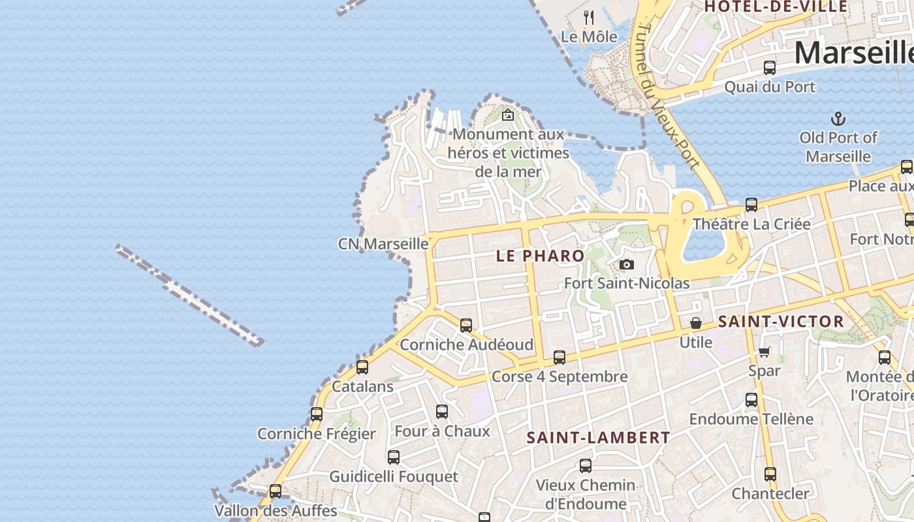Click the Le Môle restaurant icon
click(589, 17)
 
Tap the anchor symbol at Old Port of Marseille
click(838, 119)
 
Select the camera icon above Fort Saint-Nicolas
click(627, 264)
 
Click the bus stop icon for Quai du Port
click(770, 67)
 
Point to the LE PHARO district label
click(540, 256)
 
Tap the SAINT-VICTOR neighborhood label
click(781, 322)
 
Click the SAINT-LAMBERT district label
click(598, 438)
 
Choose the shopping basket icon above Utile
click(696, 323)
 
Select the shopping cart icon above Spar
click(764, 352)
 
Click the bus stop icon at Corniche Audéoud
click(466, 325)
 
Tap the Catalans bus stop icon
click(362, 367)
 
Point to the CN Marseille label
click(383, 244)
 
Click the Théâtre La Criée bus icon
click(751, 205)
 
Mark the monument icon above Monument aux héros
click(507, 115)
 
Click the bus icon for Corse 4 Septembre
click(559, 357)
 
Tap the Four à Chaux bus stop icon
click(442, 412)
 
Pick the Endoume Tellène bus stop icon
click(751, 399)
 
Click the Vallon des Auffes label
click(276, 510)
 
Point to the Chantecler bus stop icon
click(770, 474)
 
